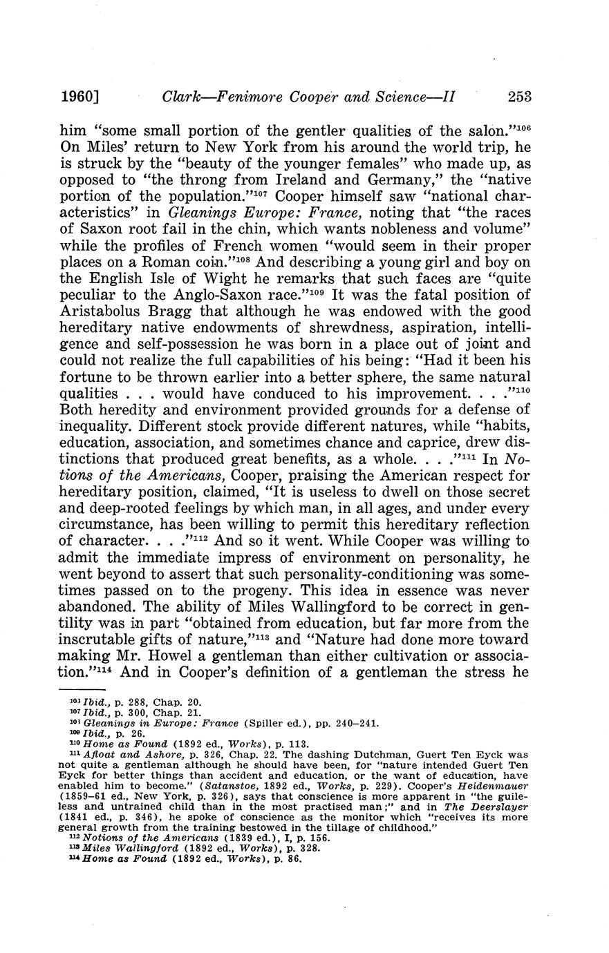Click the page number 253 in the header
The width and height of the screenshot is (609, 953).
point(519,97)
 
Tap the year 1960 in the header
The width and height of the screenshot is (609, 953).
point(76,97)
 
